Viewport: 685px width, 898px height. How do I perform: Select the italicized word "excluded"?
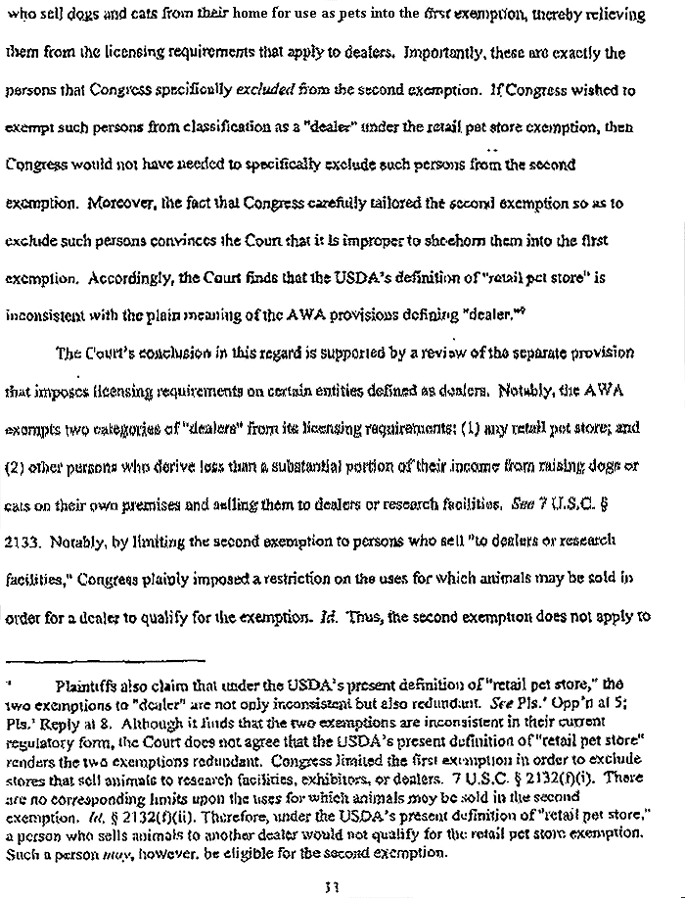click(x=267, y=91)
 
